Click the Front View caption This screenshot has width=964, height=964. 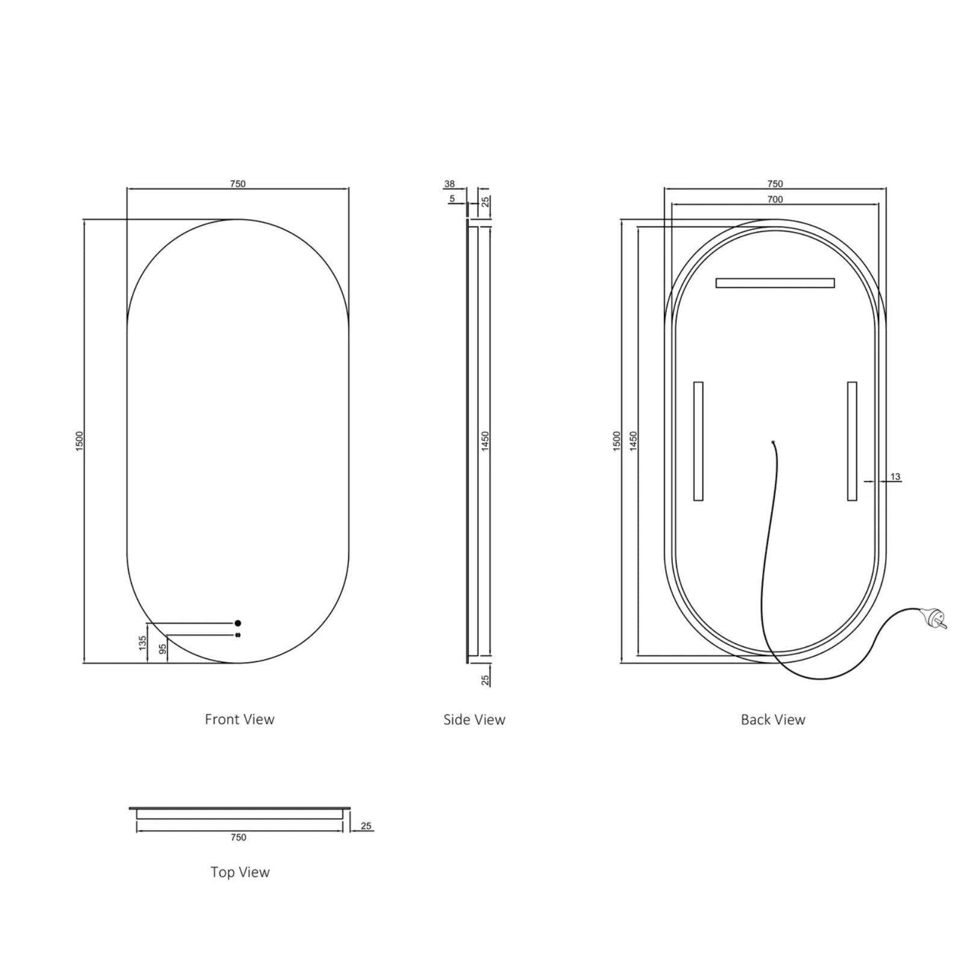coord(239,719)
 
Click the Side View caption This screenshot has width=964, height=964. coord(474,719)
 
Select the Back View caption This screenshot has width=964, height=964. coord(772,719)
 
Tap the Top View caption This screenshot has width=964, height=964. coord(240,872)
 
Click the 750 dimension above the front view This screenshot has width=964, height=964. coord(238,184)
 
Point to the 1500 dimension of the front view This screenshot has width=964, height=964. coord(80,441)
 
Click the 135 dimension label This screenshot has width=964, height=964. coord(143,643)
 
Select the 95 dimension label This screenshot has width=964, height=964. coord(162,649)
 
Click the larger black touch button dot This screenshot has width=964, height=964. coord(238,623)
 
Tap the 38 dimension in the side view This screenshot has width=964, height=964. coord(449,184)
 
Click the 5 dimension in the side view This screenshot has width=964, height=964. coord(452,199)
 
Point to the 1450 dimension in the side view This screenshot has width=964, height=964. coord(486,441)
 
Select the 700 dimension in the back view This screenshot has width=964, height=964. coord(775,199)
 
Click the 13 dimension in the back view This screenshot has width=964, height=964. coord(895,477)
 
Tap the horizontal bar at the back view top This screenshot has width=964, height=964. coord(775,283)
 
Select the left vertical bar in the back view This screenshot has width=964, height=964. coord(698,441)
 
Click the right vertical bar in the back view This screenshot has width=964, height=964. coord(852,441)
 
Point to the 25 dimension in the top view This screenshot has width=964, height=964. coord(366,826)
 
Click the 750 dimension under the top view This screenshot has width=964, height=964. coord(238,837)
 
